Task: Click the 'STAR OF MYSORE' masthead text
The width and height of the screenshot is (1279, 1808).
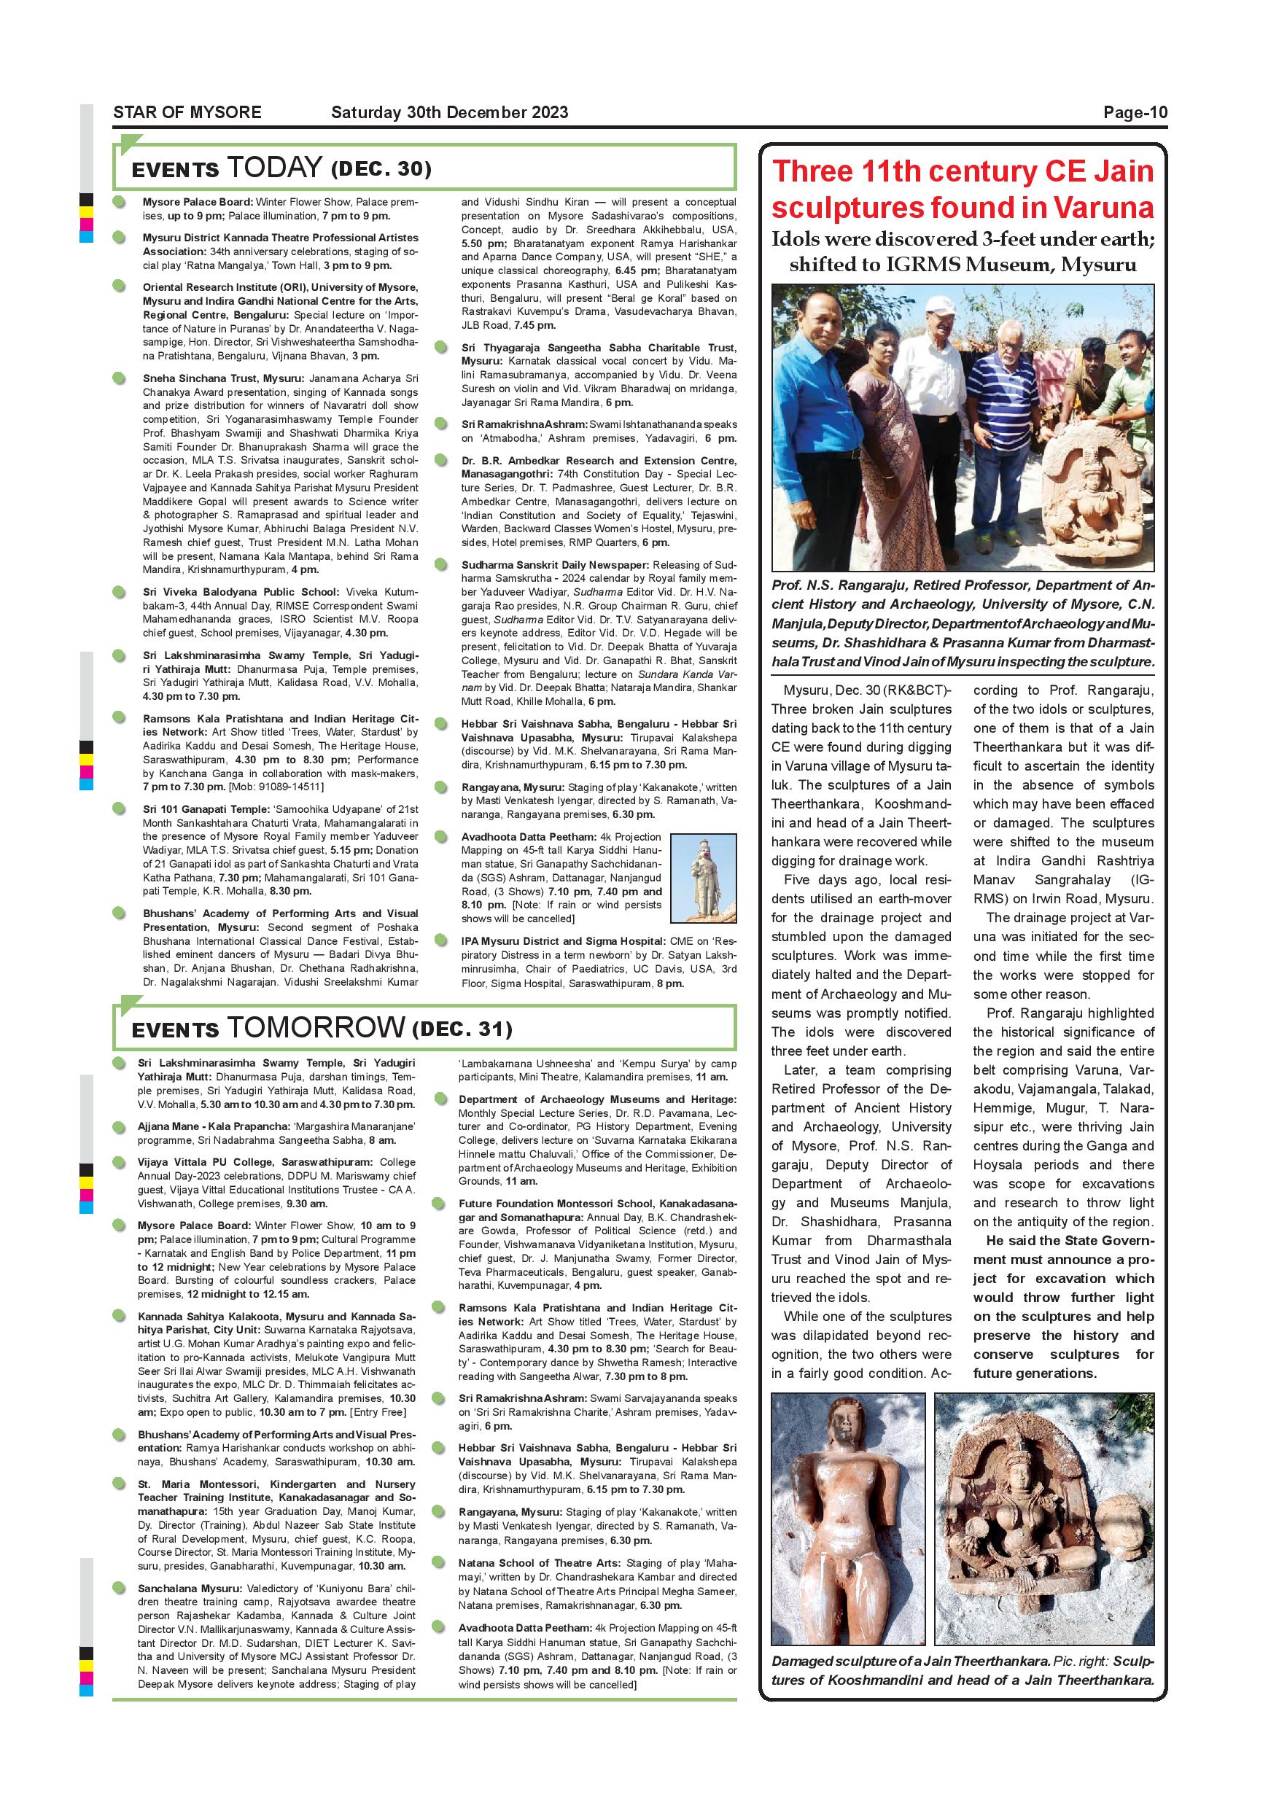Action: [187, 112]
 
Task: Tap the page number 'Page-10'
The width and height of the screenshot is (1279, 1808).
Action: [1135, 112]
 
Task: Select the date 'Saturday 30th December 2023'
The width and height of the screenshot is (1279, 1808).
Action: [449, 112]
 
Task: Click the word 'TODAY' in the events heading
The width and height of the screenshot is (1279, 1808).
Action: [273, 168]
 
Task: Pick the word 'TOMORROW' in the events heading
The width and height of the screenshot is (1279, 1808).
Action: [316, 1028]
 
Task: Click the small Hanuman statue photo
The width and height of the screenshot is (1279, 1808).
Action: [702, 877]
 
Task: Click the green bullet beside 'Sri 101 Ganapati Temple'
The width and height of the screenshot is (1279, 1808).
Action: [119, 808]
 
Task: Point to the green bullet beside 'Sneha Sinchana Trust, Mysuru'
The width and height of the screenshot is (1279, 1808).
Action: [119, 378]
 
